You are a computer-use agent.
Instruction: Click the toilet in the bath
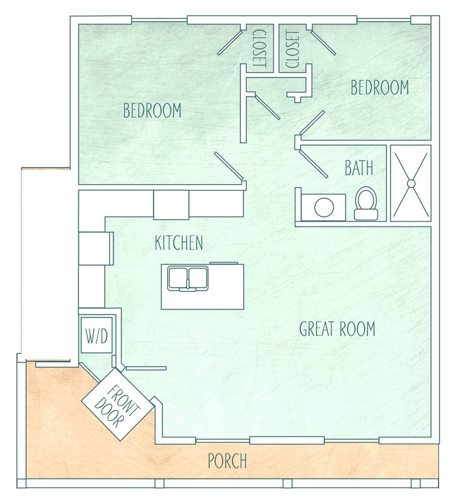tap(365, 203)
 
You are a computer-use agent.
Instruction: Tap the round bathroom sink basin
tap(324, 207)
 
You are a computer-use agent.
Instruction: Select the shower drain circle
tap(411, 184)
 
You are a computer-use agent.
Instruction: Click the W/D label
tap(97, 336)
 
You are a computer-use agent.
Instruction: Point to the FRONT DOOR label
tap(118, 406)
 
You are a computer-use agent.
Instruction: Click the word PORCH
tap(227, 461)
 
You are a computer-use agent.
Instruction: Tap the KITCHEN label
tap(179, 243)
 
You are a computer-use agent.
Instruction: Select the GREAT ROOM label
tap(337, 328)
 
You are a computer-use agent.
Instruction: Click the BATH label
tap(359, 167)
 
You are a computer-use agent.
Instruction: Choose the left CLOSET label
tap(260, 49)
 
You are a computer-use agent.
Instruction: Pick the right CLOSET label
tap(292, 49)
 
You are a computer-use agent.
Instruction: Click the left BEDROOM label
tap(152, 110)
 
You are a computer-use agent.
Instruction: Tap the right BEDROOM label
tap(380, 87)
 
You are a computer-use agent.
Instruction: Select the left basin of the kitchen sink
tap(178, 277)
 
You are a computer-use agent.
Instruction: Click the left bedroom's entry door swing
tap(228, 166)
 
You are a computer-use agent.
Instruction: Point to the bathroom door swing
tap(314, 164)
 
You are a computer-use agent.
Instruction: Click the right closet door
tap(323, 42)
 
